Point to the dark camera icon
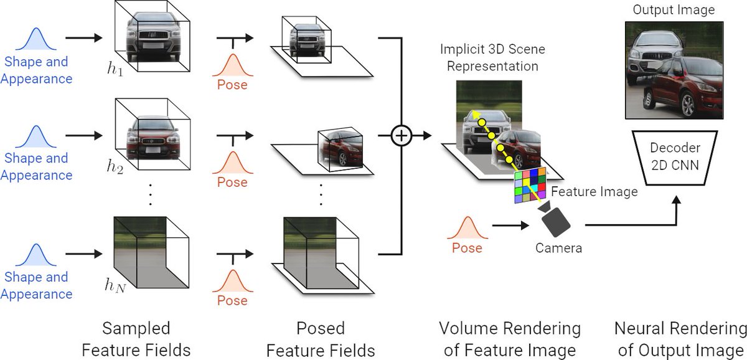click(x=557, y=219)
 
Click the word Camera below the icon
click(x=558, y=249)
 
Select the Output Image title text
click(x=675, y=10)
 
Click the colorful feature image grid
click(x=530, y=185)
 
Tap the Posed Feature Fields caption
click(x=321, y=338)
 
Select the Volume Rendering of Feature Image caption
click(x=509, y=338)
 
